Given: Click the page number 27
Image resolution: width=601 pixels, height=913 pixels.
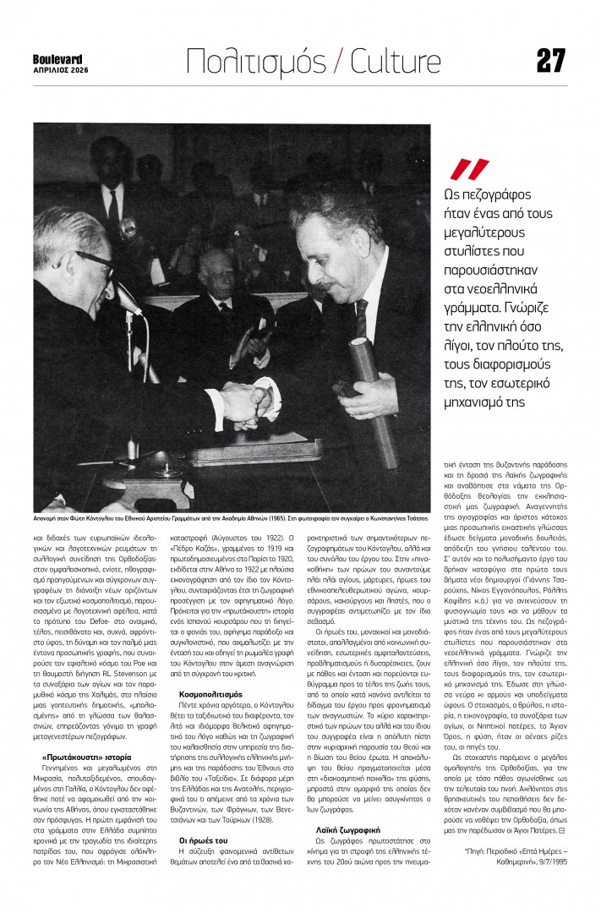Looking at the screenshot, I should coord(550,60).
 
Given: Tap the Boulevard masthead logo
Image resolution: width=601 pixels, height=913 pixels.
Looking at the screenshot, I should coord(57,58).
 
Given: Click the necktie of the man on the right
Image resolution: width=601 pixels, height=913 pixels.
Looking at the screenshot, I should coord(361,319).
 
